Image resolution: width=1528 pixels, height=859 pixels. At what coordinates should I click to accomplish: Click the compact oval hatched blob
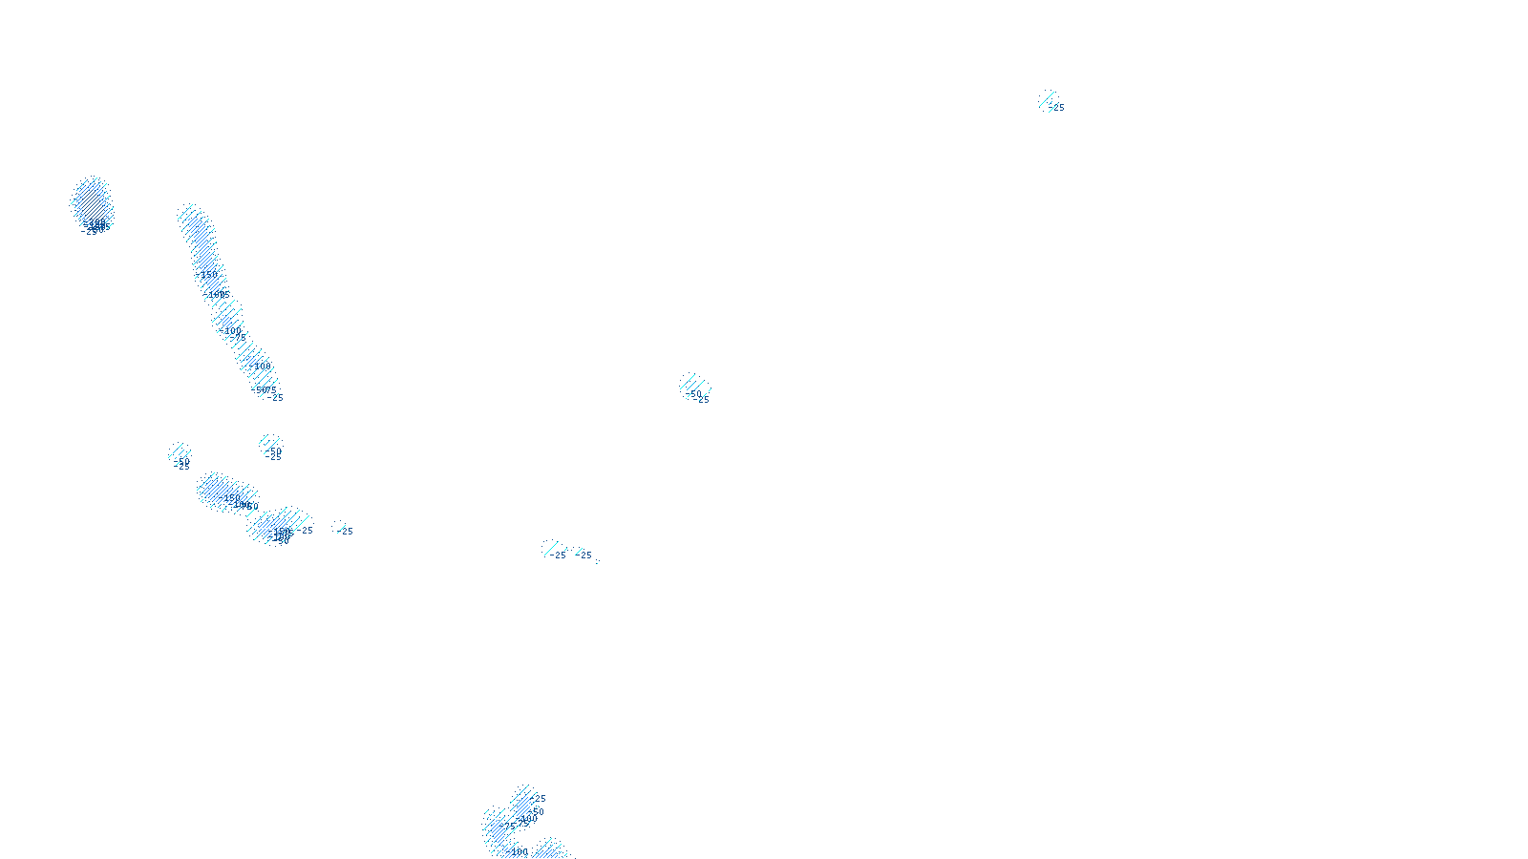92,201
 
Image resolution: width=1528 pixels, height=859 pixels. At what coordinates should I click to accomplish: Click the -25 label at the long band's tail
276,397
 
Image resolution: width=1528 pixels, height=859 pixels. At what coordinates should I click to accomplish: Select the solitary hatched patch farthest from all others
1048,99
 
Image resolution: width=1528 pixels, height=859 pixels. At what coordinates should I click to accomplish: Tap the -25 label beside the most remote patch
1056,108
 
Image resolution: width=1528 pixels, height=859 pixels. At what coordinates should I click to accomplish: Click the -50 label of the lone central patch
694,393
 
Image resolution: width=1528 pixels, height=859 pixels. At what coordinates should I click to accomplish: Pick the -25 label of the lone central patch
703,400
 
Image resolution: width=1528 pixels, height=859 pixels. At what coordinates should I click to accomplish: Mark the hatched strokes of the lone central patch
691,384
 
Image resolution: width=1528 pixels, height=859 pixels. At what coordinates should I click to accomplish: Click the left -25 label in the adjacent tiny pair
559,555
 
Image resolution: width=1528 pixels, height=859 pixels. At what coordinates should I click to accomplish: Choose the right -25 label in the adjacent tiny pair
585,555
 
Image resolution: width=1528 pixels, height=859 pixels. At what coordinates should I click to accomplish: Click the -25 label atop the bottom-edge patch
539,799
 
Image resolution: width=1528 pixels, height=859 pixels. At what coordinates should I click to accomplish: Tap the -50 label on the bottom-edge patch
536,811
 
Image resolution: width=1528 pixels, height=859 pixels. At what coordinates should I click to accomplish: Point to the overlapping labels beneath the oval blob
95,227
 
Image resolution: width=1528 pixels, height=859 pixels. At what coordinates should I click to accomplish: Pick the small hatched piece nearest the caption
550,848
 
